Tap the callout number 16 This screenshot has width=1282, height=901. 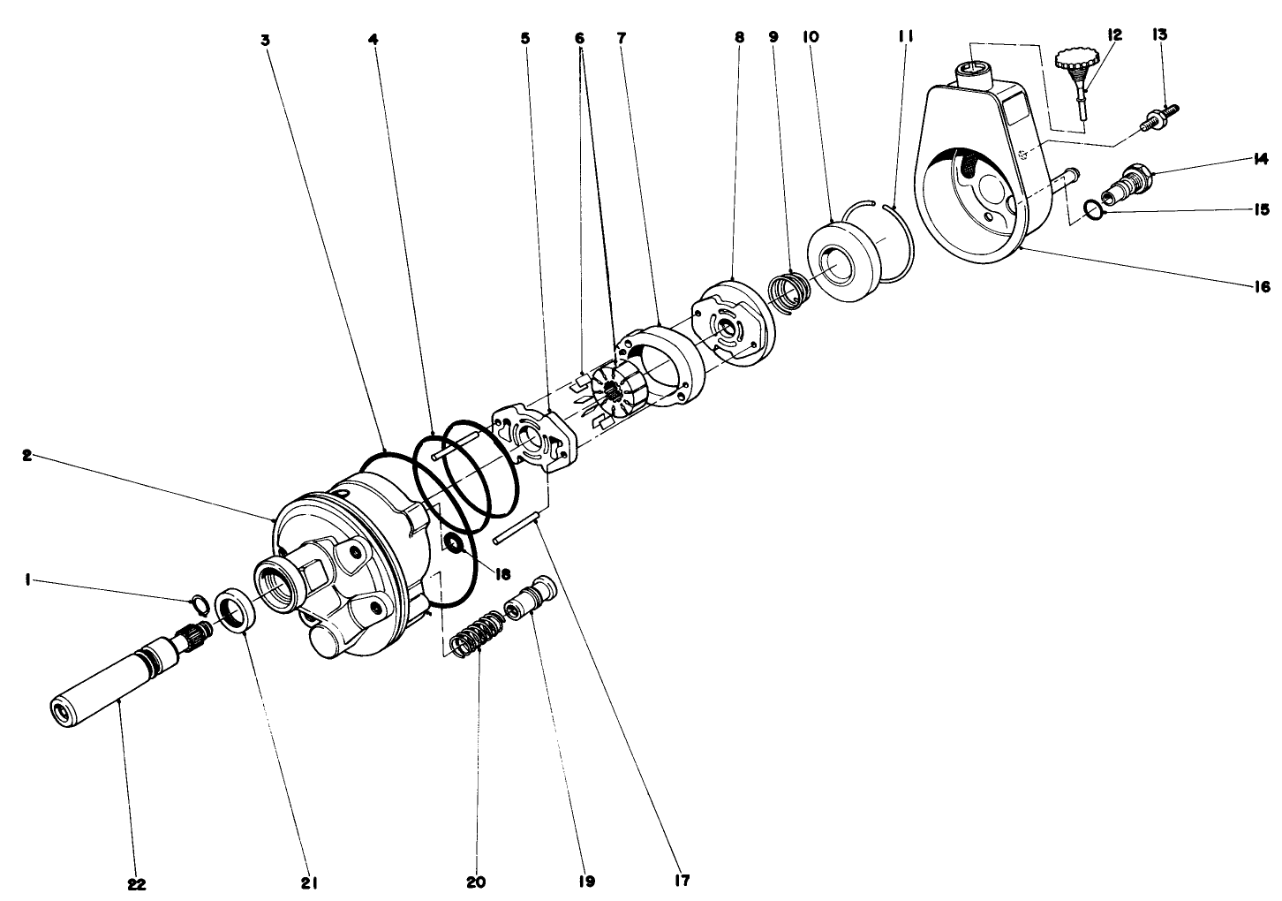(1261, 286)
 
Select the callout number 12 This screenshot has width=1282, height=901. (1114, 34)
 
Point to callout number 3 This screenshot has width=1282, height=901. (265, 39)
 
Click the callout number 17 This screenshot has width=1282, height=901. (681, 881)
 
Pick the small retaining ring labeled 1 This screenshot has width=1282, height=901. (200, 604)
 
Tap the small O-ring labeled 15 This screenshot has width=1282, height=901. (1093, 209)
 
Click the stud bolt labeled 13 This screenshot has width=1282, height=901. (1159, 119)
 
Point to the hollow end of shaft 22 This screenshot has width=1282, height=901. (63, 711)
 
